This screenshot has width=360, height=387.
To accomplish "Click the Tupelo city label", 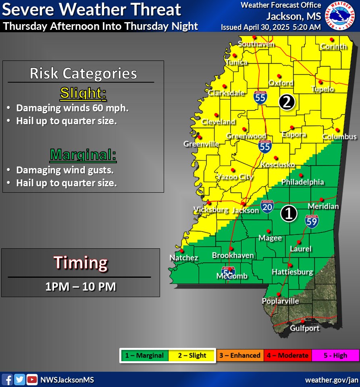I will coord(323,89).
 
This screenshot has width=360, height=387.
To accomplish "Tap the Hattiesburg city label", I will coord(292,272).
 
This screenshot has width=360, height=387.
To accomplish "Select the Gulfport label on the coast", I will coord(304,328).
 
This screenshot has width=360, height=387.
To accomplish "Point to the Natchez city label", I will coord(183,258).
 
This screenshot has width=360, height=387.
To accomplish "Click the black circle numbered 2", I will coord(287,102).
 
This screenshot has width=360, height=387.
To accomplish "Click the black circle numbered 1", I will coord(289,214).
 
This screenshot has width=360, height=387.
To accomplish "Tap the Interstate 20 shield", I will coord(267,206).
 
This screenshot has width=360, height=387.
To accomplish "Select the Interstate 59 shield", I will coord(312,221).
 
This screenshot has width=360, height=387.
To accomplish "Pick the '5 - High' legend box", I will coord(335,356).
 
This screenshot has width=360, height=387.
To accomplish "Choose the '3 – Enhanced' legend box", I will coord(239,356).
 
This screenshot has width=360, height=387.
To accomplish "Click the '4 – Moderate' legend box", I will coord(287,356).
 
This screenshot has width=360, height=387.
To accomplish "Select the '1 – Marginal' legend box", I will coord(144,356).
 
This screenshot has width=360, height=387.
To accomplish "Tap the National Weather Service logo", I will coord(340,16).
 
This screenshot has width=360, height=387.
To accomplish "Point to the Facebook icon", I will coord(8,379).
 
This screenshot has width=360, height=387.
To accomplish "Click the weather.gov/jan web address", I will coord(331,380).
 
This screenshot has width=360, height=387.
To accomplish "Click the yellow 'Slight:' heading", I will coord(83,94).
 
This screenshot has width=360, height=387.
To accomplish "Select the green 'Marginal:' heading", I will coord(83,155).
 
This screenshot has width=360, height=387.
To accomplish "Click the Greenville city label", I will coord(201,144).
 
